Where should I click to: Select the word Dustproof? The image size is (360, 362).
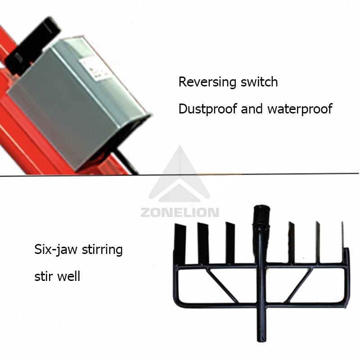(208, 109)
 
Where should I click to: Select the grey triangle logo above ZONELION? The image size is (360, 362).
(180, 176)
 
